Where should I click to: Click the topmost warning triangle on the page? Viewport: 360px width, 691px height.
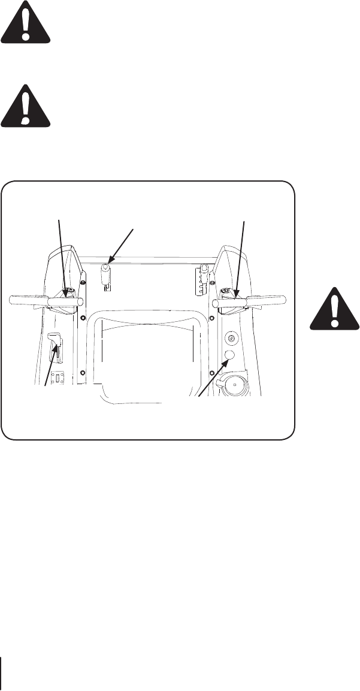(26, 22)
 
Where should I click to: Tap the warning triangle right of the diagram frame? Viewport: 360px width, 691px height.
(334, 309)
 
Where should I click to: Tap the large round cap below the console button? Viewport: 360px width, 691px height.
(235, 386)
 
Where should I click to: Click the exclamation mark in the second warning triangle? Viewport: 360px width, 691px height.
(25, 104)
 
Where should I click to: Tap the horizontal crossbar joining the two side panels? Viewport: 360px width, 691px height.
(150, 260)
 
